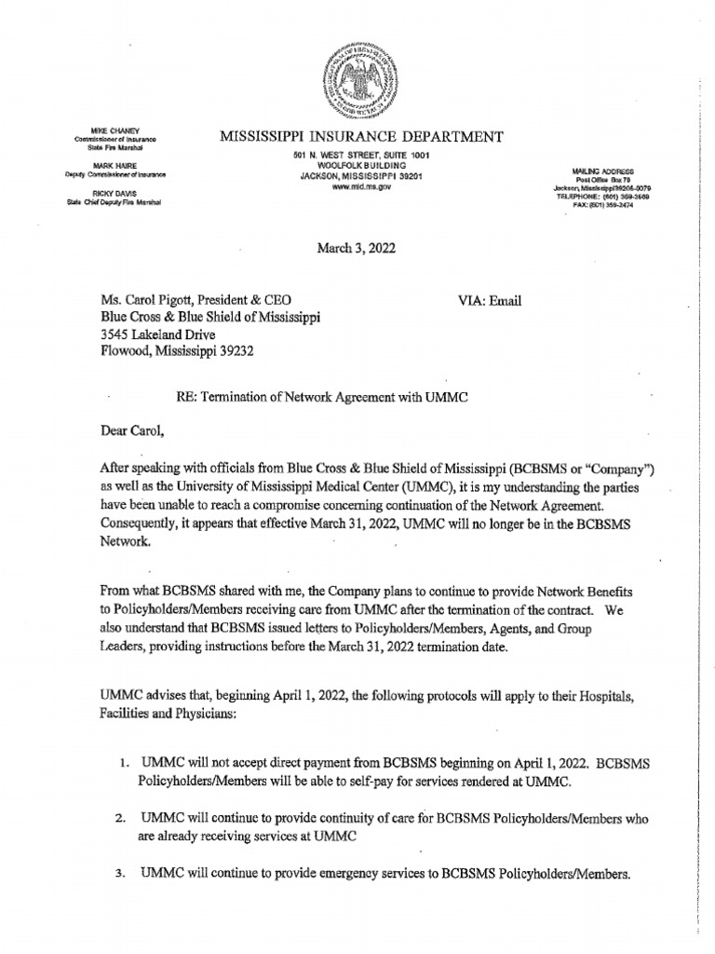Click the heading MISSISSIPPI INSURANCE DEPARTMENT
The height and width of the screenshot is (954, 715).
(361, 137)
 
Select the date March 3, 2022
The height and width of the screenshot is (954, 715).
(357, 245)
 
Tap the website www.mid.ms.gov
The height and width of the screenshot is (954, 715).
(358, 185)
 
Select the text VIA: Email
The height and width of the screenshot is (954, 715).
(491, 300)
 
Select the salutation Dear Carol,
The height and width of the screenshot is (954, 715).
(132, 431)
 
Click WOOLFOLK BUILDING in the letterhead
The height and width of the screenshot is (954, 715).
(358, 163)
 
